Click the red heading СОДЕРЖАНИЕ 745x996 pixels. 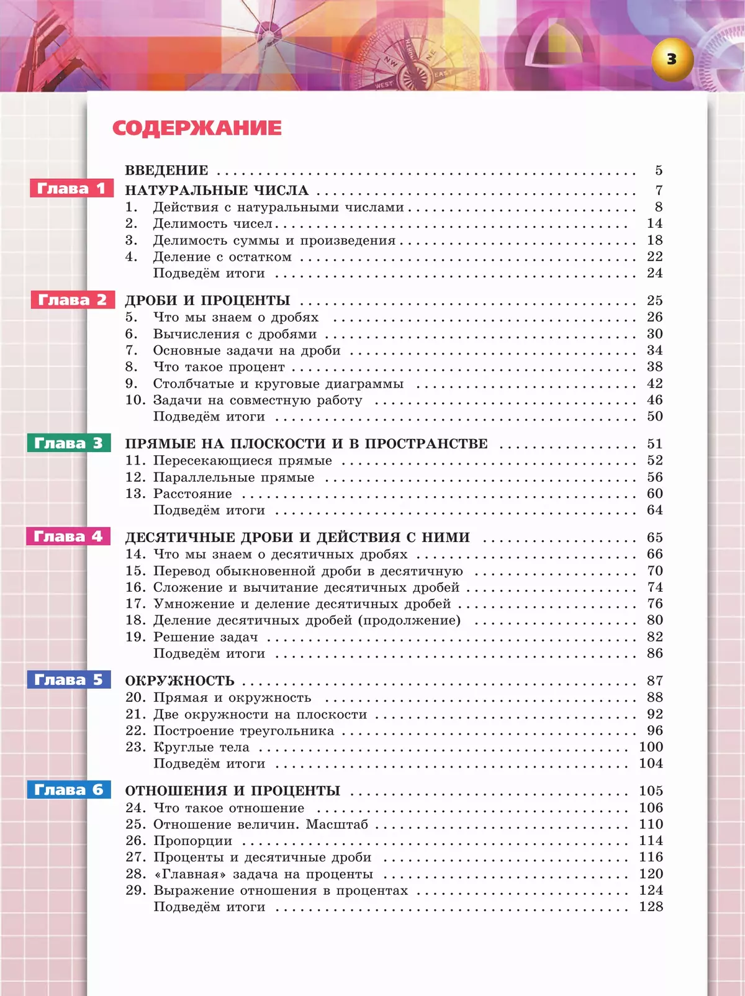[197, 128]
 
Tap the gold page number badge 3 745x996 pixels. [672, 60]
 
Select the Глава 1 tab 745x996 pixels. [71, 188]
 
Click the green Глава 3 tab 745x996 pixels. [68, 443]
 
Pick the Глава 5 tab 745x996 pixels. [68, 679]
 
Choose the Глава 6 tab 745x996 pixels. [68, 789]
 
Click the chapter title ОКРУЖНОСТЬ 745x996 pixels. [179, 681]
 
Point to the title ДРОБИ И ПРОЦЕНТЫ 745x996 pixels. [207, 301]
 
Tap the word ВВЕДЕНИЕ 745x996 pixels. [166, 170]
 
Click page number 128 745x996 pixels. [651, 907]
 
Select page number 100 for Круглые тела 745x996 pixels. [651, 747]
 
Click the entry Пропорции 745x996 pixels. [192, 841]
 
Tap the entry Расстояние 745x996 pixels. [192, 494]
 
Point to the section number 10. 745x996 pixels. [135, 400]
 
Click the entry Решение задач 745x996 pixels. [205, 637]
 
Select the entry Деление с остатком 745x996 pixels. [222, 257]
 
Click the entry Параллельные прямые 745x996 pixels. [233, 478]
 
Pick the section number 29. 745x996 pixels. [135, 890]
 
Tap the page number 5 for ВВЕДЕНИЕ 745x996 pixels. [659, 170]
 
